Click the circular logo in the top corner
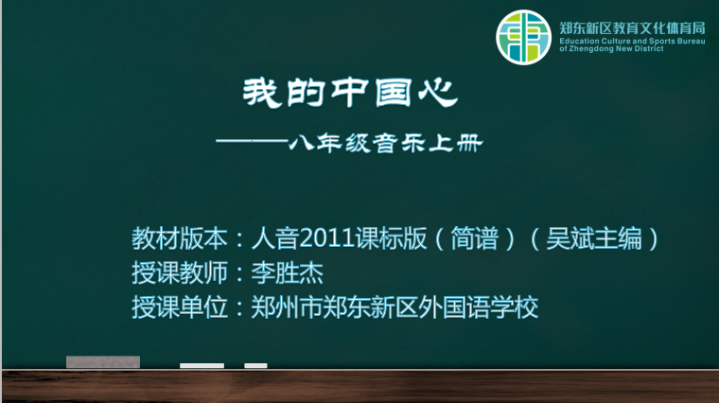[523, 37]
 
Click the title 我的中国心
[350, 93]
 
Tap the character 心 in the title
[438, 93]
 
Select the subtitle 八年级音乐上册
[386, 144]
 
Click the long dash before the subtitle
[252, 141]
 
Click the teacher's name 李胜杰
[287, 272]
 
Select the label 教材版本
[180, 238]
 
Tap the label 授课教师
[180, 272]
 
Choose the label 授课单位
[180, 307]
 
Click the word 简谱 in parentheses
[475, 238]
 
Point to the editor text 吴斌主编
[594, 238]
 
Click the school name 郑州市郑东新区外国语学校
[395, 307]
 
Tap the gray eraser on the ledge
[103, 361]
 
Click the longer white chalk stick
[202, 365]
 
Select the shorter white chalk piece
[255, 365]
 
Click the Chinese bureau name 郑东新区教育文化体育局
[632, 28]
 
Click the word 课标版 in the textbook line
[391, 238]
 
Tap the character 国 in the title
[393, 93]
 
